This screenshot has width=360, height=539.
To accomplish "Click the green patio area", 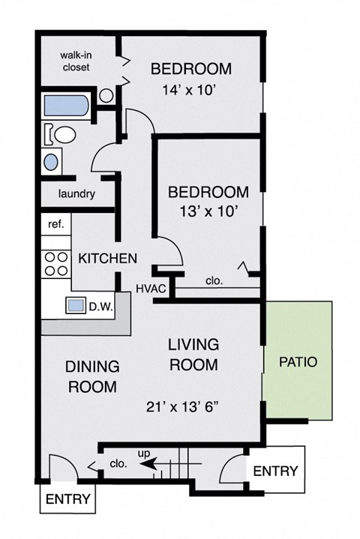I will [298, 361].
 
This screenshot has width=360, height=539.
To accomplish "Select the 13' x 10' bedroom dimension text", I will [202, 211].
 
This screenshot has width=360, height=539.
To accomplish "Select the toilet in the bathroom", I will [62, 135].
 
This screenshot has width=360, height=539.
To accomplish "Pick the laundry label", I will [77, 194].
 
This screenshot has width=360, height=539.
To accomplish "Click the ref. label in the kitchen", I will [55, 223].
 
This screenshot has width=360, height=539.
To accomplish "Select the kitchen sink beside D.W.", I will [76, 306].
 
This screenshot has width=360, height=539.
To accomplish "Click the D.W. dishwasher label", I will [100, 306].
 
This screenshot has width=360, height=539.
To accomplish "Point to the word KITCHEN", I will [107, 259].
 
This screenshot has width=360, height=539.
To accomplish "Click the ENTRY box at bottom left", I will [68, 499].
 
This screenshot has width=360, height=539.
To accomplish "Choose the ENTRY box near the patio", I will [274, 472].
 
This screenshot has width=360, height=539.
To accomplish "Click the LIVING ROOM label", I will [193, 355].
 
